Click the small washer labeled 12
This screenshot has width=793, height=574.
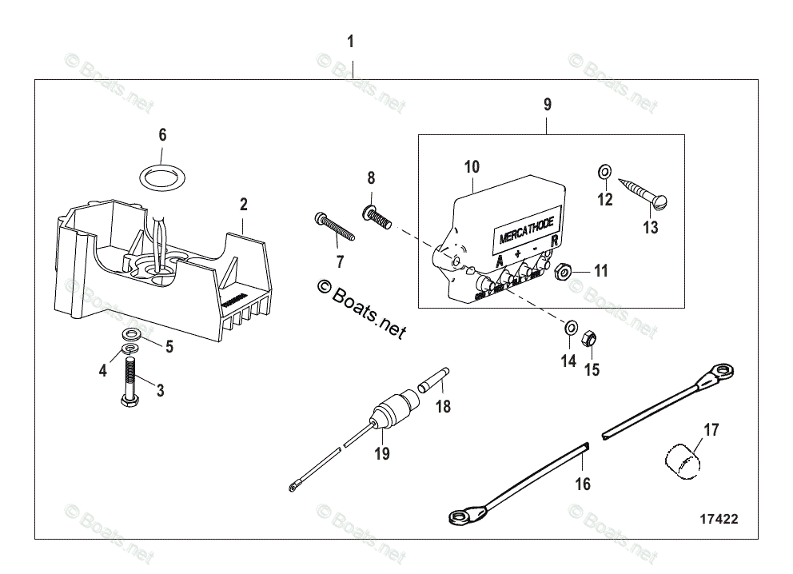(x=605, y=171)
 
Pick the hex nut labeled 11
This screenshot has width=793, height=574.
(x=563, y=273)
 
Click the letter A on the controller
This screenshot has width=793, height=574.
(x=500, y=261)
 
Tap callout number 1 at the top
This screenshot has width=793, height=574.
(x=350, y=42)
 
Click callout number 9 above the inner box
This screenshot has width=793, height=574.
(x=547, y=104)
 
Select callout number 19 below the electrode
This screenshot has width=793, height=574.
(x=382, y=454)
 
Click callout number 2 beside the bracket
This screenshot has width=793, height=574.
(x=243, y=204)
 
